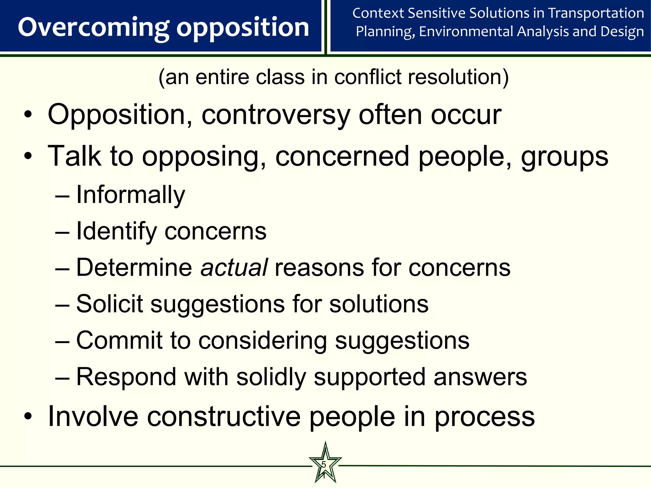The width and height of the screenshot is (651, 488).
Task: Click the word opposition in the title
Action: click(243, 28)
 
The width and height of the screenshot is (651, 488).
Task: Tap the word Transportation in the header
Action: click(596, 13)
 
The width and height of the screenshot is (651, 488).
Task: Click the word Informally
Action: click(130, 195)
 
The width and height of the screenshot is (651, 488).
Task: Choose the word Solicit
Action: click(109, 304)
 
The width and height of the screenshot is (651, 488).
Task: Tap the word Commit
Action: click(119, 340)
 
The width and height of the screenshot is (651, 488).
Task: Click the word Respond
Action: click(126, 377)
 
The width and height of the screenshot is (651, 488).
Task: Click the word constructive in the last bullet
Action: click(224, 417)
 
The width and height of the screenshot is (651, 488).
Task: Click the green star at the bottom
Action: click(325, 464)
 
